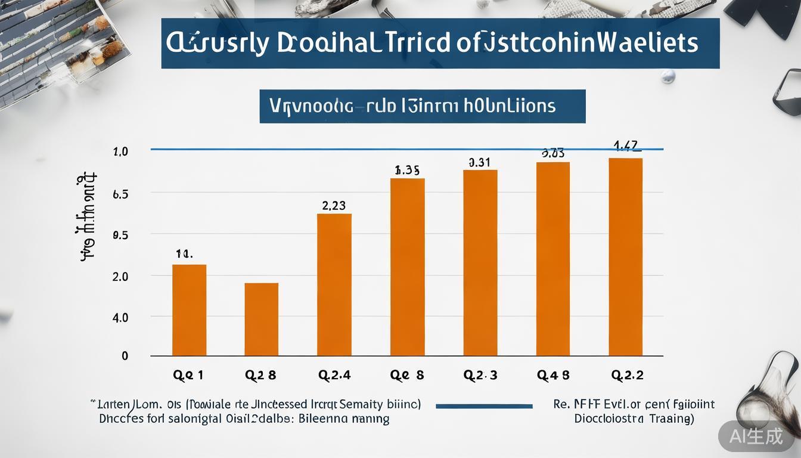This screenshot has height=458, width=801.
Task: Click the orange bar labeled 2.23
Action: pos(334,284)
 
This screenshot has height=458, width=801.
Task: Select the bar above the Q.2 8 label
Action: pos(261,319)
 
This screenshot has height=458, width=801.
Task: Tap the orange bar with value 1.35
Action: pos(407,267)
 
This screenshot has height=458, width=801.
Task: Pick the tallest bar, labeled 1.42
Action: pos(625,256)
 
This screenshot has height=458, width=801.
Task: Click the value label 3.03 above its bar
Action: pos(552,153)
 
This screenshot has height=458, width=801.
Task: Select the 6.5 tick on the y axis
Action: pos(120,194)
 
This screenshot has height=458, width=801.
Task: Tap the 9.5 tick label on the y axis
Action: pos(120,235)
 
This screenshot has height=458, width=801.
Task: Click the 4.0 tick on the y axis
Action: pos(120,318)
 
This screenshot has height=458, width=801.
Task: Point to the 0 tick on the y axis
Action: pos(125,356)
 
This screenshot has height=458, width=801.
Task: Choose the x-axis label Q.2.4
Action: pos(334,375)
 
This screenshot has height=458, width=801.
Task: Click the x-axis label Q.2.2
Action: pos(627,375)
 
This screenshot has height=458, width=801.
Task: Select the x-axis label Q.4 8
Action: pos(553,375)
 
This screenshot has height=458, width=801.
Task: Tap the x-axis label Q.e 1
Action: pos(188,375)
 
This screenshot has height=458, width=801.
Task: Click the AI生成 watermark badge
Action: pos(756,436)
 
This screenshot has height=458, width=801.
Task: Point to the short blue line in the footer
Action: pos(484,406)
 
